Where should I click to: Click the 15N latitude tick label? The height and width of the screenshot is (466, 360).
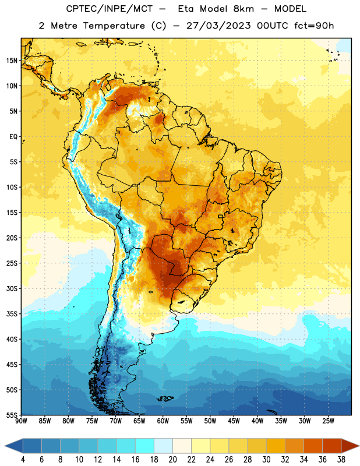(12, 61)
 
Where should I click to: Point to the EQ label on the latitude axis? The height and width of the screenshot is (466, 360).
(13, 137)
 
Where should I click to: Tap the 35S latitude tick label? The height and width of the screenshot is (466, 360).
(12, 314)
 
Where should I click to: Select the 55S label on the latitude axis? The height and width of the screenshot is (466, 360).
(12, 415)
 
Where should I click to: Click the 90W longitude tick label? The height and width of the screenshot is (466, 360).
(21, 421)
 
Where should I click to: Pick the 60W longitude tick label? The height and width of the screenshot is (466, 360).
(163, 421)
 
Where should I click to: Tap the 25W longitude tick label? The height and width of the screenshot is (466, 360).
(328, 421)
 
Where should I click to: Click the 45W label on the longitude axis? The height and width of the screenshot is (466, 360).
(234, 421)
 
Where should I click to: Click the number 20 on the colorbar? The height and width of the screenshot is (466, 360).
(172, 460)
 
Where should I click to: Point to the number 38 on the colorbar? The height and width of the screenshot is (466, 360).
(341, 460)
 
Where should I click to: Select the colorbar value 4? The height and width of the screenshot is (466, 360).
(23, 460)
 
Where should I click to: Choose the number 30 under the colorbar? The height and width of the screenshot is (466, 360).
(266, 460)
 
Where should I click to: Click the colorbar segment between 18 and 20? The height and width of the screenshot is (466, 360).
(163, 446)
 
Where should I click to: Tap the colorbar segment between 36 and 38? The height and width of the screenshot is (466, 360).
(332, 446)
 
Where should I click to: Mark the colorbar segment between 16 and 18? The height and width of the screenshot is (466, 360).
(144, 446)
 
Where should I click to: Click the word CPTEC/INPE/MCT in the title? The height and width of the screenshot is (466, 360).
(110, 9)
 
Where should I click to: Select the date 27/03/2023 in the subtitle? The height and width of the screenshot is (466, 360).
(219, 26)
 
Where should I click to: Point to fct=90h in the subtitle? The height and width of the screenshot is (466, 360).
(314, 26)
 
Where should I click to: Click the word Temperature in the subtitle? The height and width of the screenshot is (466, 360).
(114, 26)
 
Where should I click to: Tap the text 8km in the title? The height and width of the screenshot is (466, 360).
(243, 9)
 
